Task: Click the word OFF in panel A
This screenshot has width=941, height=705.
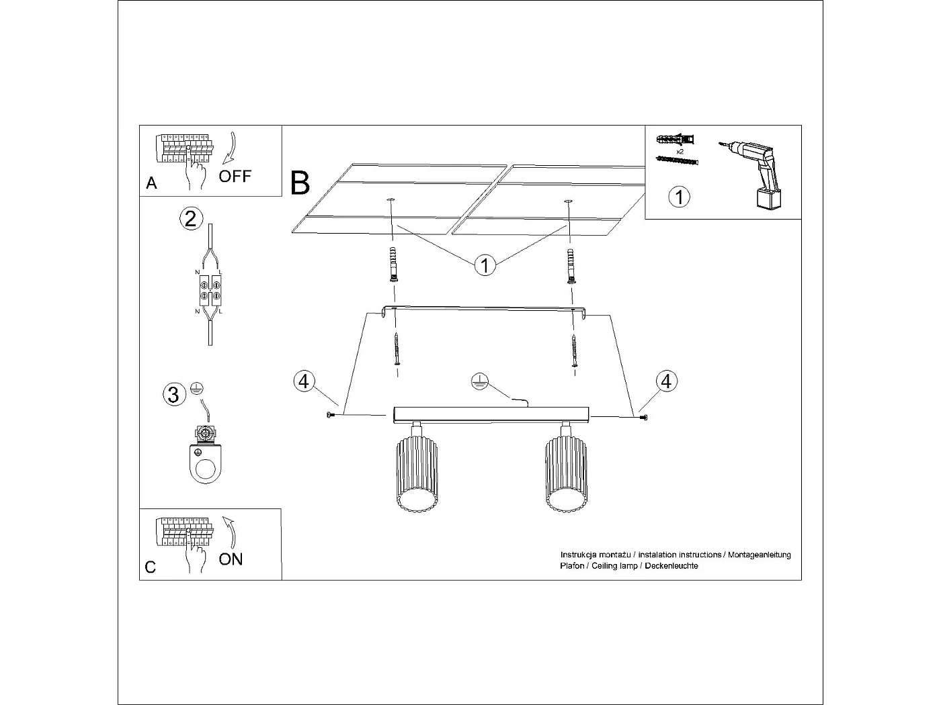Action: tap(235, 177)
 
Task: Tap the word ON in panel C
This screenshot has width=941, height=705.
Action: tap(231, 559)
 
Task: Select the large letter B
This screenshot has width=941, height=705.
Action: tap(300, 183)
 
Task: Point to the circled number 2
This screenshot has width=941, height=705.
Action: tap(190, 219)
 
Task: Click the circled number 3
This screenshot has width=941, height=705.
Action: tap(173, 394)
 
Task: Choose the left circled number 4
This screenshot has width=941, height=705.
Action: tap(304, 381)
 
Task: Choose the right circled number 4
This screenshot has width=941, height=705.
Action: tap(666, 381)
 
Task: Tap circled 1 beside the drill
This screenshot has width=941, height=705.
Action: tap(680, 197)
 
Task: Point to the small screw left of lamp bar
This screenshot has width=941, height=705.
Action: tap(329, 416)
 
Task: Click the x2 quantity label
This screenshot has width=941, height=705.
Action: tap(680, 152)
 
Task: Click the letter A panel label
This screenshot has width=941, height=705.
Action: tap(151, 183)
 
